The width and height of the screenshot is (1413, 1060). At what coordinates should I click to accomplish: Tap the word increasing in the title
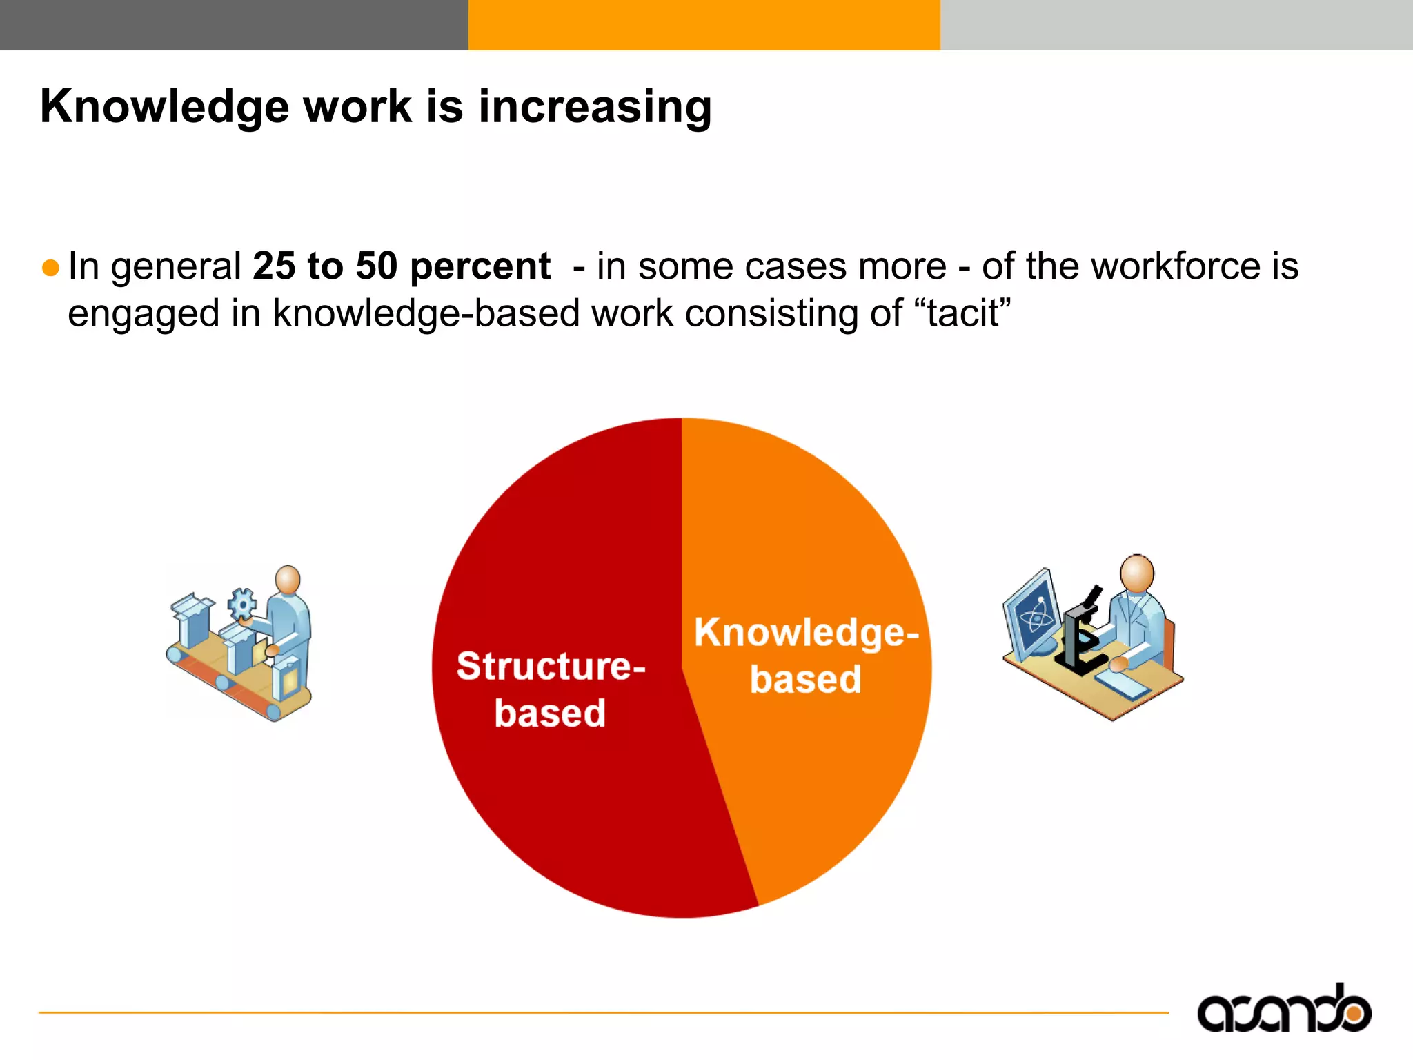[595, 108]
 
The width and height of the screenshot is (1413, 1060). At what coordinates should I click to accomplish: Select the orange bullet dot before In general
[50, 268]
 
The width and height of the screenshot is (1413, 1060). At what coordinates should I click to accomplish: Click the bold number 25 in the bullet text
[273, 266]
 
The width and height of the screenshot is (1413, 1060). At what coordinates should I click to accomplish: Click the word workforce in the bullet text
[1177, 266]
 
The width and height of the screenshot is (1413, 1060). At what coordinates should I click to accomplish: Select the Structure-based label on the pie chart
[550, 689]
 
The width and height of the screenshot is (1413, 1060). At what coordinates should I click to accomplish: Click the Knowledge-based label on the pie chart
[806, 655]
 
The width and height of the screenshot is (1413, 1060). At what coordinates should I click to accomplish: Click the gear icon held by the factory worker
[241, 604]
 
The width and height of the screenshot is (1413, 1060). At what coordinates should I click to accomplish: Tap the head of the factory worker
[287, 579]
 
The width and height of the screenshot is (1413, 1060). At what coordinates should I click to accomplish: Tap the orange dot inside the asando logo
[1354, 1013]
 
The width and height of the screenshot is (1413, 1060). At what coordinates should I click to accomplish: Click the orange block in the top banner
[704, 25]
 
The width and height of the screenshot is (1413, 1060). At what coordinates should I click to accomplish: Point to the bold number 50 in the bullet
[377, 266]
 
